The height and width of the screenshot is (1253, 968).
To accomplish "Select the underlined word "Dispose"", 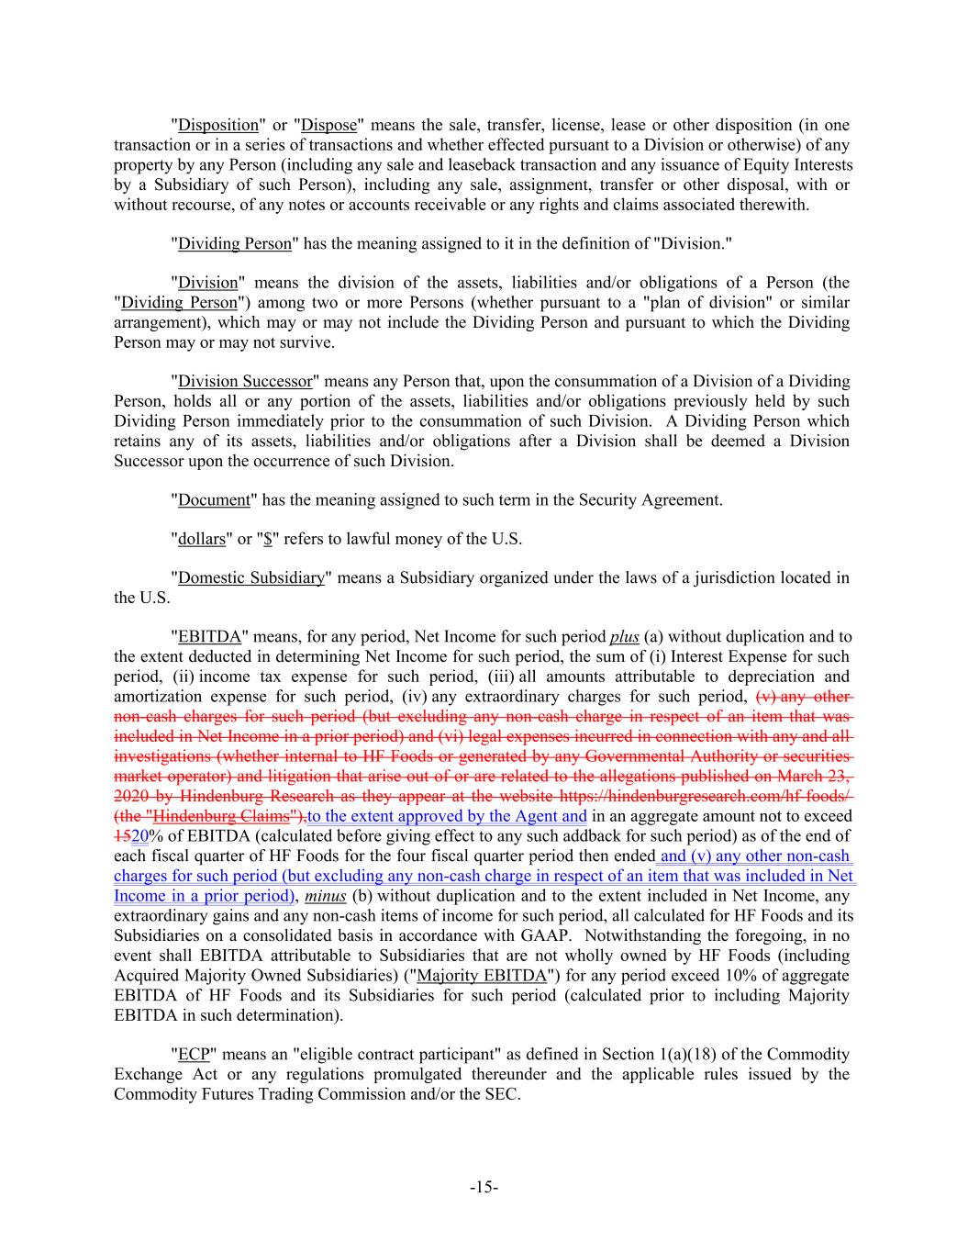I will pos(328,126).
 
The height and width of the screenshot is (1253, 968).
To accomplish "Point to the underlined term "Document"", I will pos(214,500).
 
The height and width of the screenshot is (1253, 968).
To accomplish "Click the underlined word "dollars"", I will pos(201,540).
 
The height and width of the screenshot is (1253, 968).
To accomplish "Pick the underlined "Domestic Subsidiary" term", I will pos(251,578).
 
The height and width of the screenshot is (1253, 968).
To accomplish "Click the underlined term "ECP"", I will pos(195,1055).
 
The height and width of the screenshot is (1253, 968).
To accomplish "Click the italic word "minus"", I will pos(326,896).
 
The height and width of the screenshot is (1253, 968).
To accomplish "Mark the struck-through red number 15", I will pos(121,836).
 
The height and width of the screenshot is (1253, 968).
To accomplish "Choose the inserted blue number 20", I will pos(139,836).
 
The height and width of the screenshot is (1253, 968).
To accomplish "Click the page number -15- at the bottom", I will pos(484,1188).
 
